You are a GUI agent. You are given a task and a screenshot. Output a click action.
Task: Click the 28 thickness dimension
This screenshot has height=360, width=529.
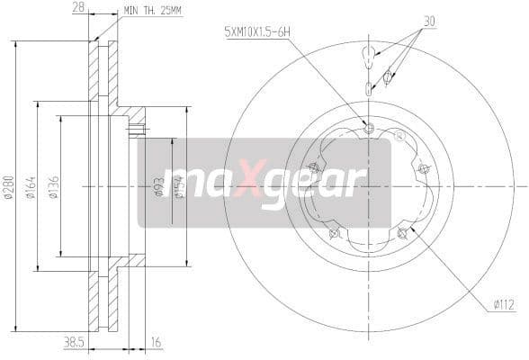point(80,8)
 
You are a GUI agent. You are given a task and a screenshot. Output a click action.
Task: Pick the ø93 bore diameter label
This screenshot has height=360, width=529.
point(159,187)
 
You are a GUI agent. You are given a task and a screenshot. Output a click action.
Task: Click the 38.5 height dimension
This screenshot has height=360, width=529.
point(75,343)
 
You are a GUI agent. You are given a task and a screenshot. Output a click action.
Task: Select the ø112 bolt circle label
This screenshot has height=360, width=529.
point(503,305)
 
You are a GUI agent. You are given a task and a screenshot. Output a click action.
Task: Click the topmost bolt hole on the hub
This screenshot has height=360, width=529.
point(368,126)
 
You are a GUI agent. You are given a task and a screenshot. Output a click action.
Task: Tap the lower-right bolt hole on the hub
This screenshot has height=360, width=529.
point(401,233)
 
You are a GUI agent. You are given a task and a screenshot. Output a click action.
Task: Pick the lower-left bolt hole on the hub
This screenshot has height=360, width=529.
point(335,234)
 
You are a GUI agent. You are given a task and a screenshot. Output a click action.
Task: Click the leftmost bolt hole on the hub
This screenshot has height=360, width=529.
point(313,167)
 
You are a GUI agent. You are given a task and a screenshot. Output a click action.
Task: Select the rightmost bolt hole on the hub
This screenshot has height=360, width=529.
point(423,168)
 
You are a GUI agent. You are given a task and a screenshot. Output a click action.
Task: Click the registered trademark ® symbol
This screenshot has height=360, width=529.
point(399,136)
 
